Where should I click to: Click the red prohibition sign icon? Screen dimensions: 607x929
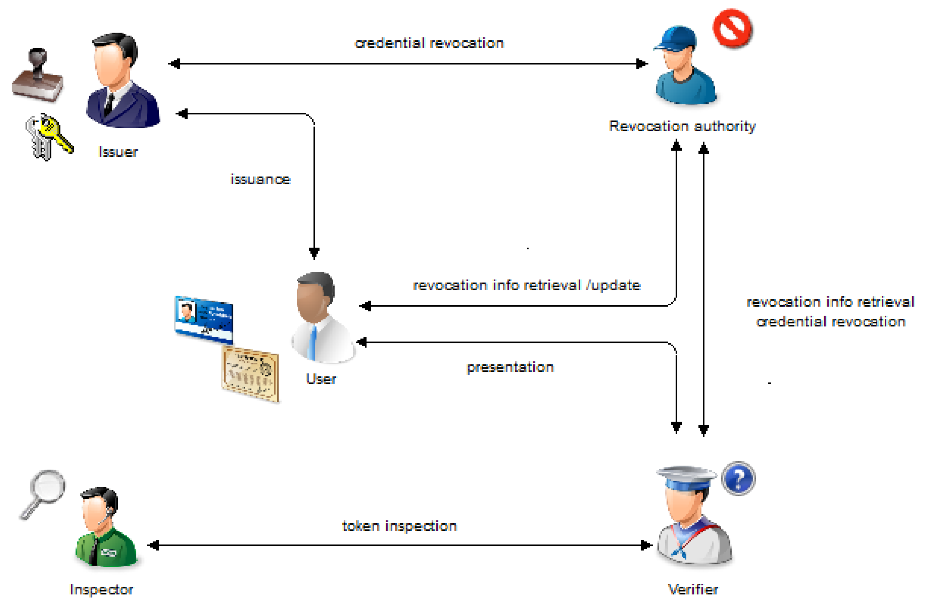(x=732, y=28)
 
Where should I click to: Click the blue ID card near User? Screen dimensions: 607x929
(x=204, y=319)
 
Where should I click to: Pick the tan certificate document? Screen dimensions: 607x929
(x=250, y=374)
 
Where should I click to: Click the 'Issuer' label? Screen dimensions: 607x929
(x=118, y=152)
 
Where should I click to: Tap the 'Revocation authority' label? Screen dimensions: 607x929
(x=682, y=126)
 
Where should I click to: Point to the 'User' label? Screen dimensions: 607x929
(x=321, y=379)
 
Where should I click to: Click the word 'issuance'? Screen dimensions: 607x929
(x=260, y=179)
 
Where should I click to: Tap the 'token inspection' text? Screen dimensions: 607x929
(x=399, y=526)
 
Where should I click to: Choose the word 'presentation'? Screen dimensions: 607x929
(x=510, y=367)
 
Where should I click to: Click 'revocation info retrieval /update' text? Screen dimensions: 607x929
(x=527, y=285)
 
